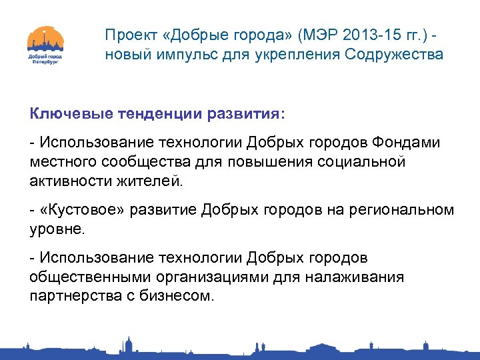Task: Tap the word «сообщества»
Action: tap(149, 161)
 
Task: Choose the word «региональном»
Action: tap(409, 210)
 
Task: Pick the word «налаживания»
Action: tap(355, 277)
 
